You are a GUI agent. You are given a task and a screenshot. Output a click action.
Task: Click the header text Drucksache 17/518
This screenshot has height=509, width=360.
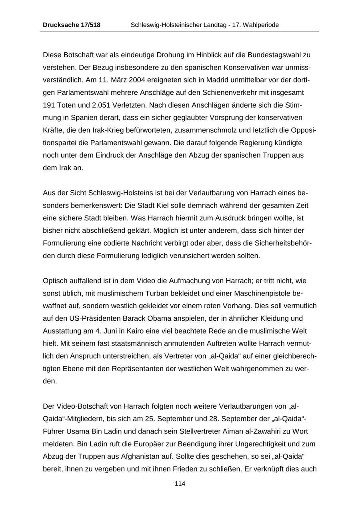(72, 25)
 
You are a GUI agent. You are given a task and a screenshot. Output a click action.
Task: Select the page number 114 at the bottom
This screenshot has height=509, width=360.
(180, 484)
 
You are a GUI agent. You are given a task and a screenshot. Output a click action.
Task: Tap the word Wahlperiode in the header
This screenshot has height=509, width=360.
(262, 25)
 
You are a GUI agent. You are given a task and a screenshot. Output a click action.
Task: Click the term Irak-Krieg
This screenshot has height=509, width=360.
(108, 130)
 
